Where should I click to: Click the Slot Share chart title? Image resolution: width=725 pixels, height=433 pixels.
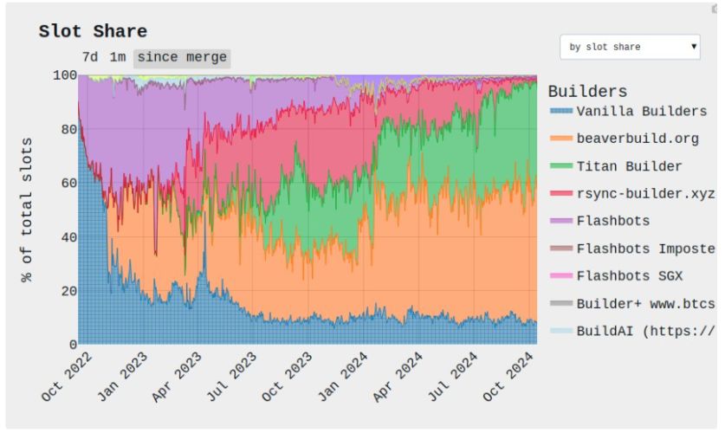tap(93, 31)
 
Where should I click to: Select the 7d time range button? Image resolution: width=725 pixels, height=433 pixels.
tap(90, 57)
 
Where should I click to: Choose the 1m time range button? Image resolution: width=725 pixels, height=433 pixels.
tap(118, 57)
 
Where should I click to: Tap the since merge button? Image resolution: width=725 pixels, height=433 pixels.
tap(182, 57)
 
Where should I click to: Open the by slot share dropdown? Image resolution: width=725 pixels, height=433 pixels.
tap(630, 47)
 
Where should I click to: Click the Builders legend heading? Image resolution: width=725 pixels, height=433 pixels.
tap(587, 91)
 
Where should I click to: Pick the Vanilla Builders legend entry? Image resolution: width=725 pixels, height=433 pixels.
tap(641, 112)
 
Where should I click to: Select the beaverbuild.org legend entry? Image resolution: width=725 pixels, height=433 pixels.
tap(637, 138)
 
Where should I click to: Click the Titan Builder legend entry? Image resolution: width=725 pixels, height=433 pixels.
tap(629, 165)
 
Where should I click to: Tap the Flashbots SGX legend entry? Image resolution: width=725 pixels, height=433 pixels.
tap(629, 275)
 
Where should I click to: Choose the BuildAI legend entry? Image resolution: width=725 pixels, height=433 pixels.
tap(645, 330)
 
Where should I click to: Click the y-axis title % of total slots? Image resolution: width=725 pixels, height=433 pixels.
tap(27, 209)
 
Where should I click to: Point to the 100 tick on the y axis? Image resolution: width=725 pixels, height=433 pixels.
tap(65, 75)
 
